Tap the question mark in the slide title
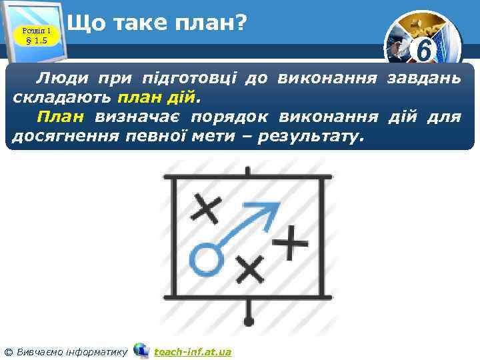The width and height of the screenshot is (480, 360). (x=240, y=24)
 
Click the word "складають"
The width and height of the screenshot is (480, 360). (x=62, y=99)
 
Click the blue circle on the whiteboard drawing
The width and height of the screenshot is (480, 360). (x=205, y=259)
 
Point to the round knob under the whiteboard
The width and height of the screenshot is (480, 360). (x=249, y=321)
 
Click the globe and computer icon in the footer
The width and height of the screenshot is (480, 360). (x=141, y=350)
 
